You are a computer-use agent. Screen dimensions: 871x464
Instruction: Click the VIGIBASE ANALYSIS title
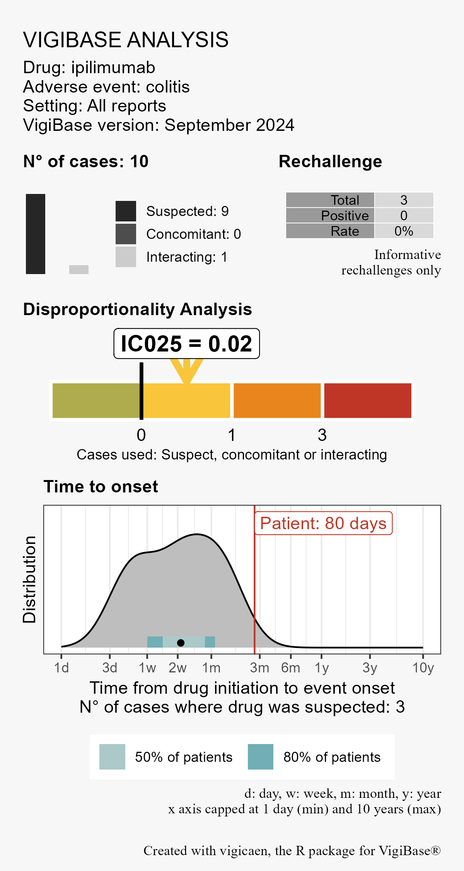coord(126,40)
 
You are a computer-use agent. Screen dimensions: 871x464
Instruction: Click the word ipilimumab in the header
coord(113,68)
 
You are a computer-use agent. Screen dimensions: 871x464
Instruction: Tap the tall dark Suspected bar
coord(36,234)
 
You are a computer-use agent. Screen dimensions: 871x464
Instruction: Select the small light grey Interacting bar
coord(79,269)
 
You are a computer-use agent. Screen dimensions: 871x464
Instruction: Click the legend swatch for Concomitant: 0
coord(126,234)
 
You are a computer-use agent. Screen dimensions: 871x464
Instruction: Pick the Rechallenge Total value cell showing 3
coord(404,200)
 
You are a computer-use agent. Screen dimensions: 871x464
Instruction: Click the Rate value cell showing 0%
coord(404,231)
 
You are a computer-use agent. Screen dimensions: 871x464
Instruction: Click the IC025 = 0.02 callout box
coord(186,344)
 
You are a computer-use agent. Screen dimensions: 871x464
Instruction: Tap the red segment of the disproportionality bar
coord(367,401)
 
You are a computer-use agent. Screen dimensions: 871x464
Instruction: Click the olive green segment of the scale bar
coord(96,401)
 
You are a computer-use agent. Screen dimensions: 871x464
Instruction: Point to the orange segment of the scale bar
coord(277,401)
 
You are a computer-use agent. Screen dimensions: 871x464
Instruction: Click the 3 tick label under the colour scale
coord(322,435)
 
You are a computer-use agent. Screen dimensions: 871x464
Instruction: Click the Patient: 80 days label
coord(323,523)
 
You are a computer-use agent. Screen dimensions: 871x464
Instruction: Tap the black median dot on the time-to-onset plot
coord(181,643)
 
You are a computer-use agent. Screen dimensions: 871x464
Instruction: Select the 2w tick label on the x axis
coord(177,668)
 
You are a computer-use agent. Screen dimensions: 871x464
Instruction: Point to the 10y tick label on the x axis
coord(423,668)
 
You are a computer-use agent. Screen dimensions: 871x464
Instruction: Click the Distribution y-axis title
coord(29,580)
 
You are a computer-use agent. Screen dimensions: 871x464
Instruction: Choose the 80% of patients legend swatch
coord(260,757)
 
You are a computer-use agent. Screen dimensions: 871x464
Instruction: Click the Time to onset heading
coord(101,487)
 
